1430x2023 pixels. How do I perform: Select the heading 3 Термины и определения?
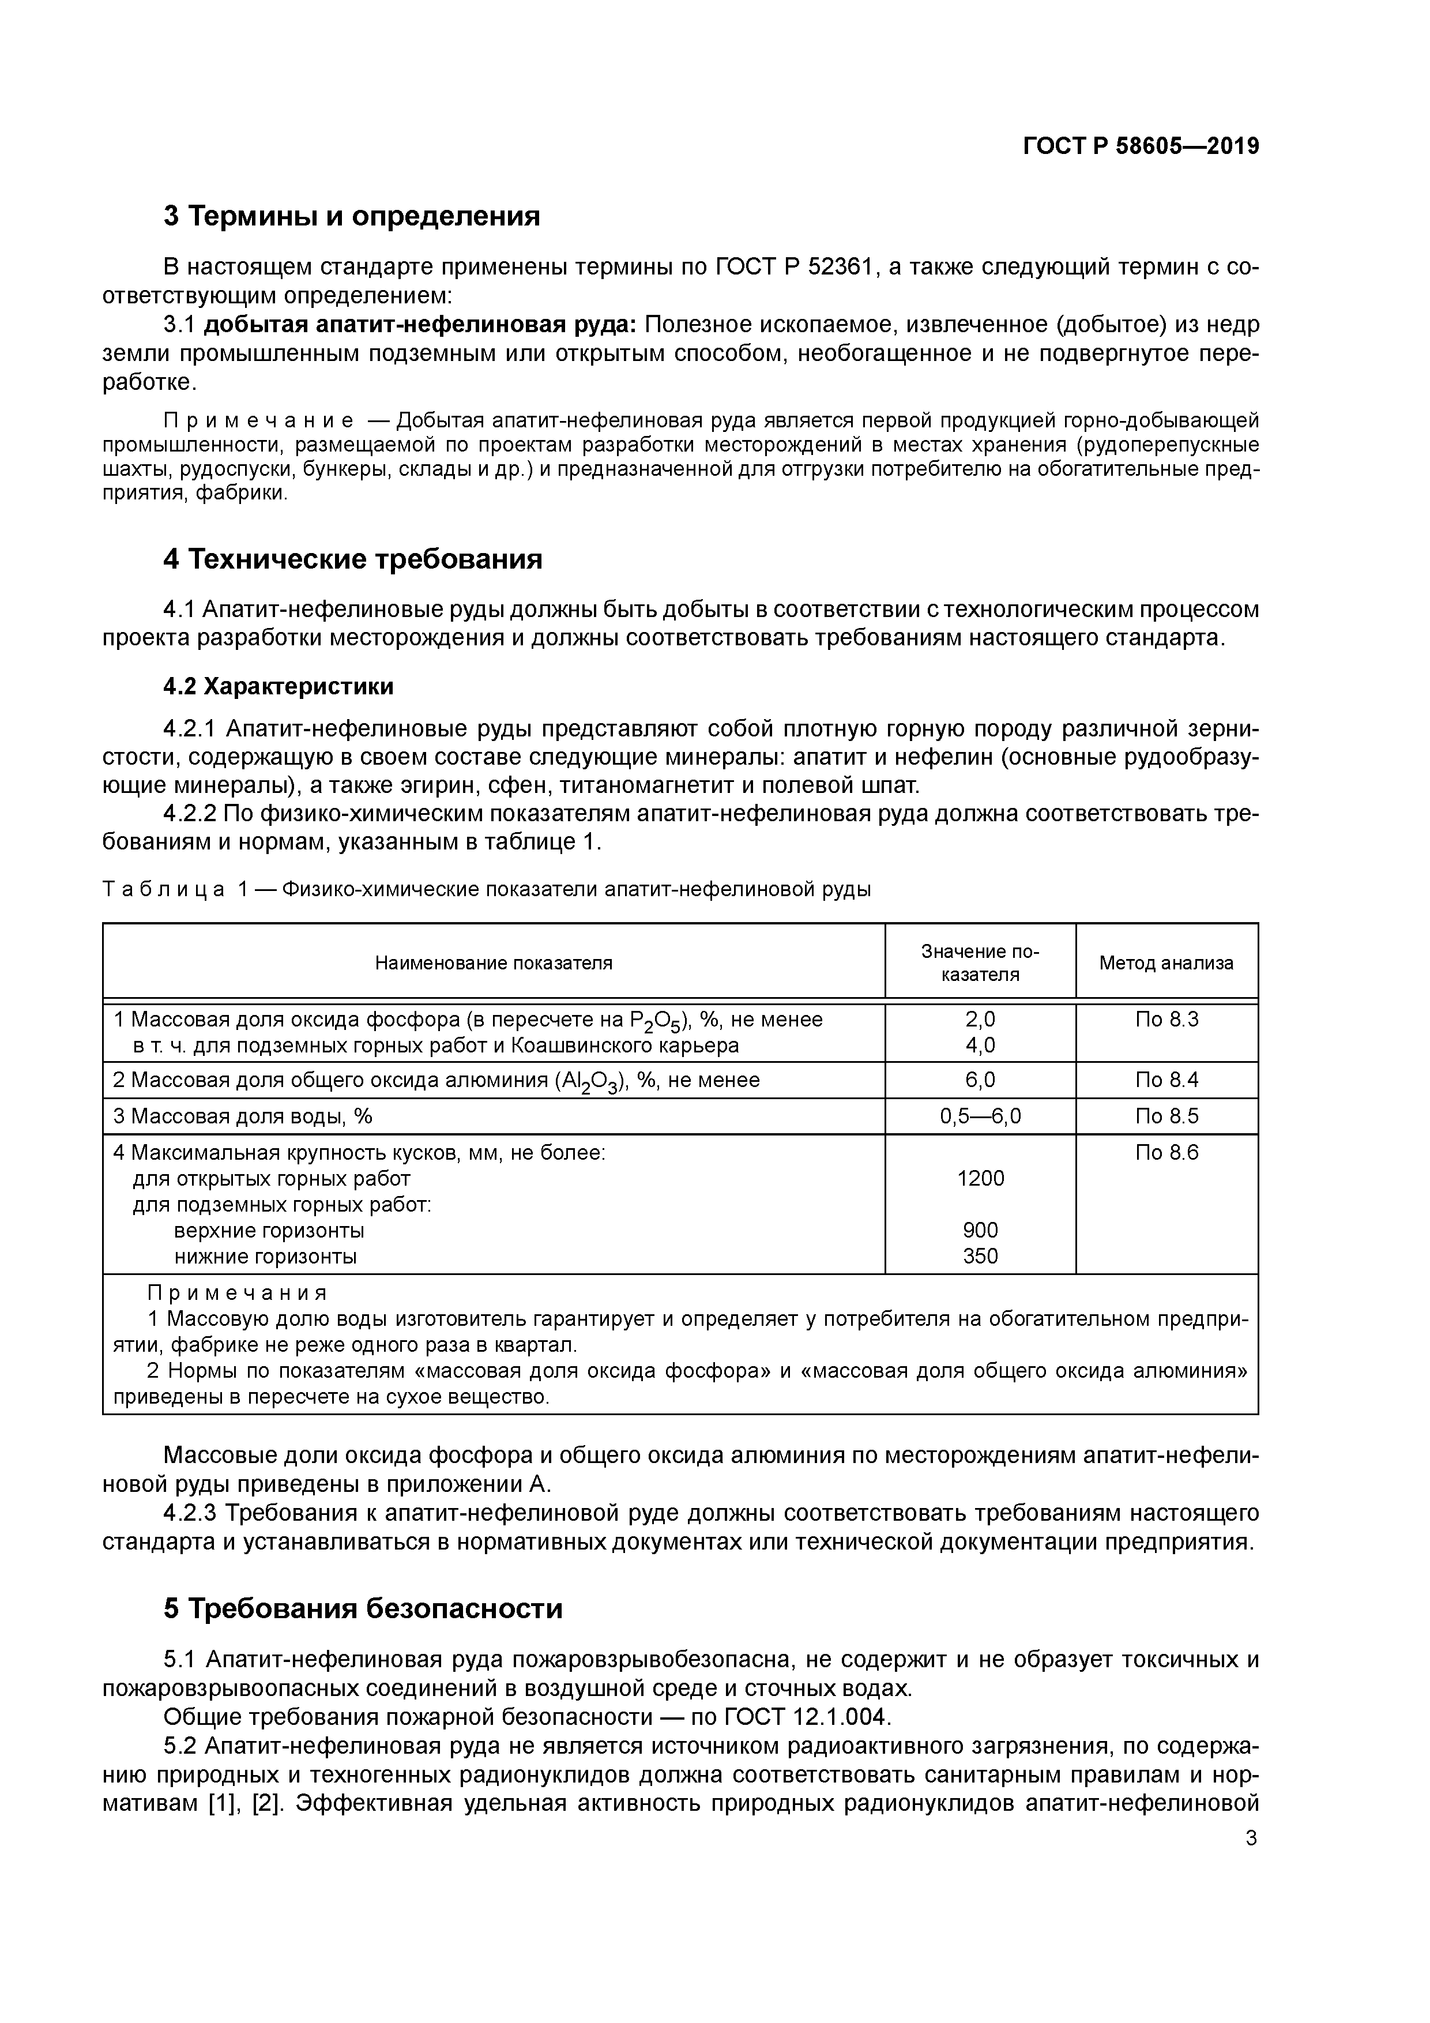(x=352, y=216)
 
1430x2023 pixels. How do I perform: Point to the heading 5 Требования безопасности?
(x=363, y=1608)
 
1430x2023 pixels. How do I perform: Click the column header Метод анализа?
(x=1166, y=963)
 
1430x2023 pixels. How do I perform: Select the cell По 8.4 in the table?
(x=1166, y=1080)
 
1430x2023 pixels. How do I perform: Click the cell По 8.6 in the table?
(x=1166, y=1152)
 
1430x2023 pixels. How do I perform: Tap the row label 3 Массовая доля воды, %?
(x=242, y=1116)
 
